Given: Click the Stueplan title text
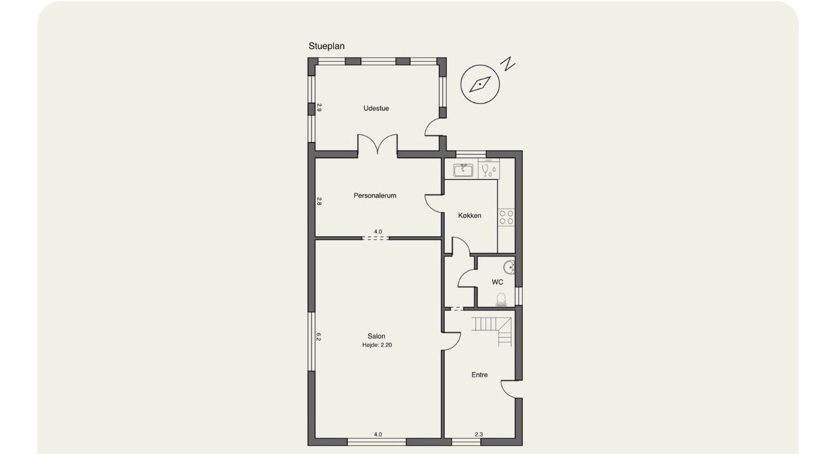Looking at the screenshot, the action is coord(326,46).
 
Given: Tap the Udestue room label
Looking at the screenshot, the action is coord(376,108).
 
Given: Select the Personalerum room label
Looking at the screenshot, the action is coord(375,195).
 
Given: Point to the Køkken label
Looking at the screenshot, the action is coord(470,215).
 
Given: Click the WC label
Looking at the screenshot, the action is coord(497,282).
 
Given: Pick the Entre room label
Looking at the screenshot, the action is coord(479,375).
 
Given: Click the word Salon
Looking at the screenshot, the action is coord(376,336).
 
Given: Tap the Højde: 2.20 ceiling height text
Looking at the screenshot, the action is coord(377,345).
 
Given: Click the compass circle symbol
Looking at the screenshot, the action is coord(480,84).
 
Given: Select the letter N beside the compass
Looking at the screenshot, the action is coord(508,63).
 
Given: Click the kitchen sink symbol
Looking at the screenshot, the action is coord(463,170).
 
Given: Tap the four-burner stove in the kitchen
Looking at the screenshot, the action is coord(506,217).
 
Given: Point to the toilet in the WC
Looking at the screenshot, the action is coord(501,300).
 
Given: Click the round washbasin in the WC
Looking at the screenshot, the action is coord(509,267).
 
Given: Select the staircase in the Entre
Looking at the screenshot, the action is coord(491,331).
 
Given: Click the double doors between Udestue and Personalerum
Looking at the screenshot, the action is coord(378,144).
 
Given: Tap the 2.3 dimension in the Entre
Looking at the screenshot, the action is coord(478,434).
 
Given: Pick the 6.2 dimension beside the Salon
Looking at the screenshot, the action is coord(319,337).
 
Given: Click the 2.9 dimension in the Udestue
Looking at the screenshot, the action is coord(319,107).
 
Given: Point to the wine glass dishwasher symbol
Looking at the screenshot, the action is coord(489,170).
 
